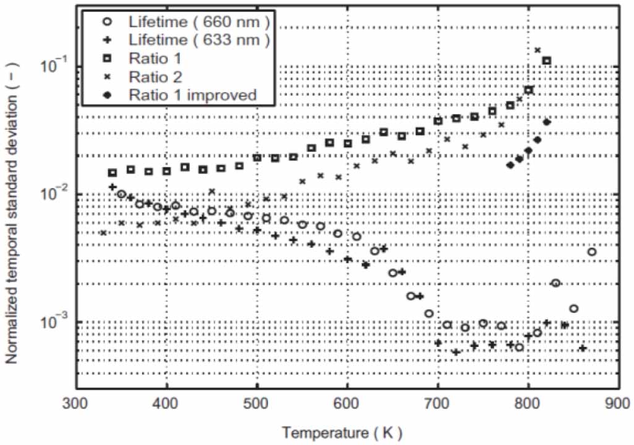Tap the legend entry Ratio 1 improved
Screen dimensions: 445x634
tap(192, 95)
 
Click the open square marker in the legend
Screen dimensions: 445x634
tap(109, 59)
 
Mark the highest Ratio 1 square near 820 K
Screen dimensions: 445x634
tap(546, 61)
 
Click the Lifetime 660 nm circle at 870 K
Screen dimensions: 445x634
tap(592, 252)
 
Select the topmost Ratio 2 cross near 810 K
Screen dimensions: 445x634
tap(538, 50)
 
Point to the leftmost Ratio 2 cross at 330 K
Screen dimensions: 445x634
tap(103, 233)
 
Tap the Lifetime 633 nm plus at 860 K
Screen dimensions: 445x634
tap(583, 349)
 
